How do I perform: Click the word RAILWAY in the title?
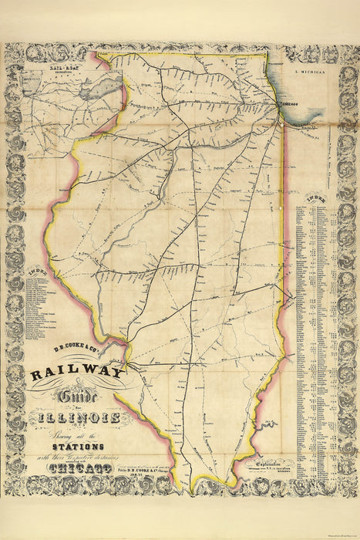click(x=77, y=374)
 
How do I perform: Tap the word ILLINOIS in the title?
click(x=76, y=417)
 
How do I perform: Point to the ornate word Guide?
click(x=71, y=397)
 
